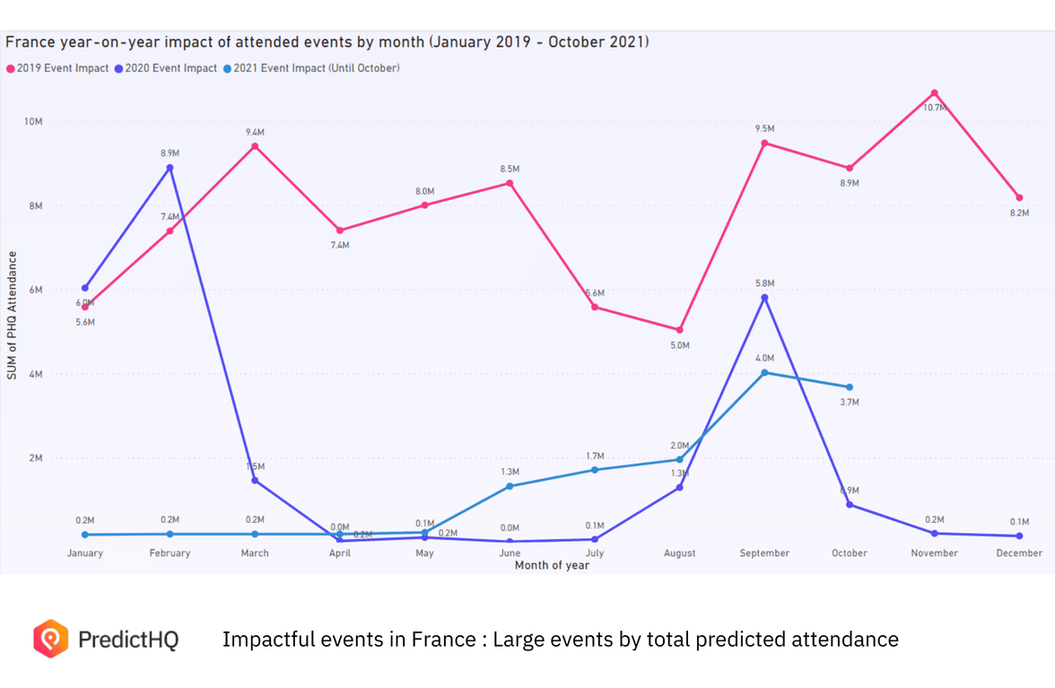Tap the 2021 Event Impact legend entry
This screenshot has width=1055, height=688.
pos(314,68)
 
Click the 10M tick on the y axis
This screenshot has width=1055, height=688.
pos(33,121)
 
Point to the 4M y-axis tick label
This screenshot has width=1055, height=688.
pos(36,374)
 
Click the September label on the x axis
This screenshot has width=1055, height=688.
pos(764,553)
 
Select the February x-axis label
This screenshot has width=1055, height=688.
pos(170,553)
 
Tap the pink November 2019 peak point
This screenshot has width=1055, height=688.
pos(934,93)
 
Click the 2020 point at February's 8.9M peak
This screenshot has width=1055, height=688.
pos(170,168)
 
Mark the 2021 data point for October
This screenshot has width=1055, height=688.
pos(850,388)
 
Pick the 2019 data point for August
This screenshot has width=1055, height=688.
pos(680,330)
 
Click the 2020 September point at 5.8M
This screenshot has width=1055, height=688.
pos(764,298)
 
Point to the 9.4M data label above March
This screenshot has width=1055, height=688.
pos(255,133)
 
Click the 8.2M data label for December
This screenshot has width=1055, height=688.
pos(1019,213)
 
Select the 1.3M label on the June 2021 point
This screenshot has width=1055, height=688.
pos(510,472)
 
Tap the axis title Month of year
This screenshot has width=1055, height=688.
pos(552,566)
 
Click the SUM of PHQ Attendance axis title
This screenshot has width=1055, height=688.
pos(13,315)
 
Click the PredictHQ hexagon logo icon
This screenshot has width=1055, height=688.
pos(50,639)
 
